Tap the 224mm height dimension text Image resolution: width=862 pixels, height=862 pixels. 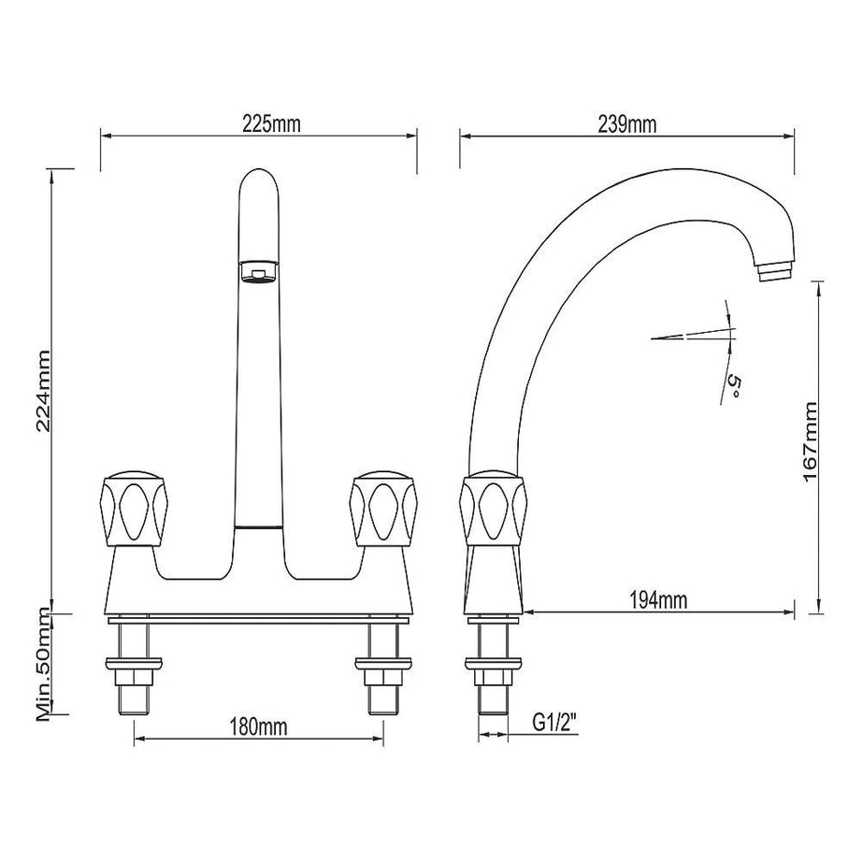pyautogui.click(x=42, y=390)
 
